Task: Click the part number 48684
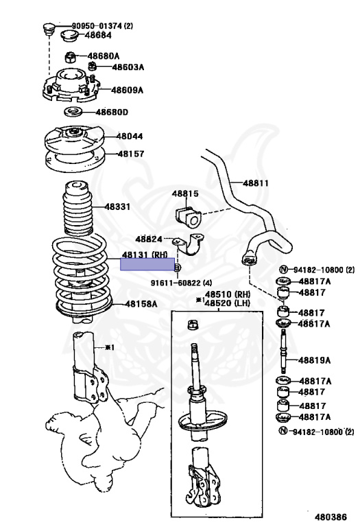pyautogui.click(x=98, y=35)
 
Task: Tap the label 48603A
pyautogui.click(x=128, y=67)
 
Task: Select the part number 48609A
pyautogui.click(x=128, y=90)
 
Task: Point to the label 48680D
pyautogui.click(x=112, y=112)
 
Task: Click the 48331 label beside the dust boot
pyautogui.click(x=117, y=207)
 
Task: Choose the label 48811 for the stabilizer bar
pyautogui.click(x=256, y=183)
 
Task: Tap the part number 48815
pyautogui.click(x=185, y=194)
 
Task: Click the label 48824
pyautogui.click(x=149, y=239)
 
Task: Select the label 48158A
pyautogui.click(x=141, y=304)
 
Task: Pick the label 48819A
pyautogui.click(x=314, y=360)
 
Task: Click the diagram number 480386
pyautogui.click(x=331, y=517)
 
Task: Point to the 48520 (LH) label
pyautogui.click(x=228, y=303)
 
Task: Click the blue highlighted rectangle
pyautogui.click(x=147, y=264)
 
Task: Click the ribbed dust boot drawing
pyautogui.click(x=78, y=209)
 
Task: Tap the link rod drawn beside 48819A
pyautogui.click(x=284, y=351)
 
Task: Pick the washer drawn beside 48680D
pyautogui.click(x=73, y=111)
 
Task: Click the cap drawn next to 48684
pyautogui.click(x=69, y=35)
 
